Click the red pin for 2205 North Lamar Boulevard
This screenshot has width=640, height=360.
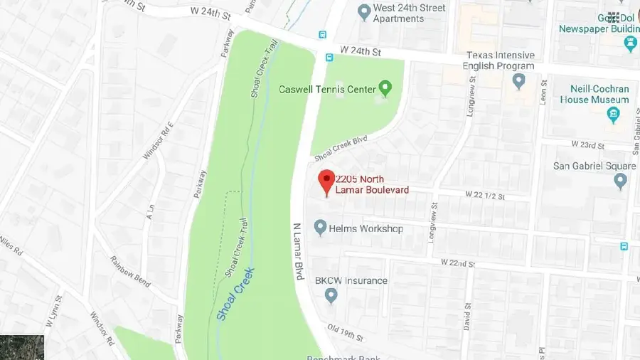pos(326,182)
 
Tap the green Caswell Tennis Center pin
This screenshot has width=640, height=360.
pos(385,89)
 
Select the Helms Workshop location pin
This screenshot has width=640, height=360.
pos(320,228)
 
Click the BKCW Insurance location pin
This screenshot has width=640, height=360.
pos(331,295)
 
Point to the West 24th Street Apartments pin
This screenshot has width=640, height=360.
pos(364,11)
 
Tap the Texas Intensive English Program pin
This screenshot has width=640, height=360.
pos(519,81)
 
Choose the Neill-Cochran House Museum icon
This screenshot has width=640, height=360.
pos(614,115)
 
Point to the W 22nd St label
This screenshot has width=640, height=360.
pos(457,263)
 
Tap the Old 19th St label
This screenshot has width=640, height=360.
pos(344,332)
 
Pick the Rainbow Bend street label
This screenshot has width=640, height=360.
pos(130,271)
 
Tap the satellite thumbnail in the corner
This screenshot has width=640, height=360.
pos(21,347)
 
